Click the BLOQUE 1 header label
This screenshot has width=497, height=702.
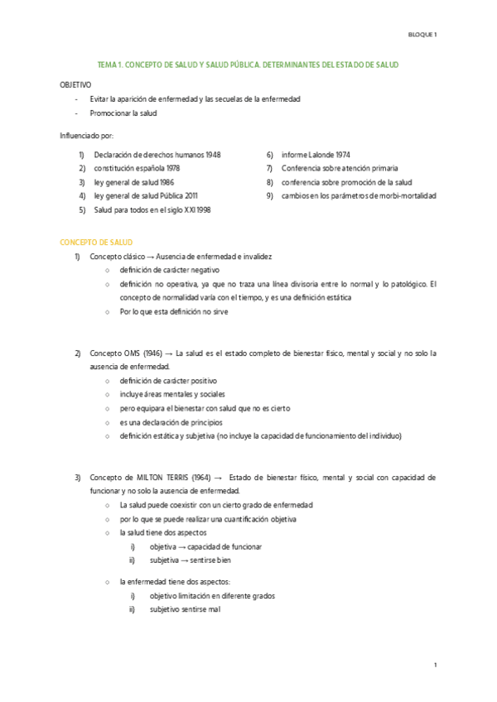click(x=423, y=34)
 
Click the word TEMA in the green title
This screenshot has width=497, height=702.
click(x=108, y=65)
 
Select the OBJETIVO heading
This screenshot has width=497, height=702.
click(x=75, y=84)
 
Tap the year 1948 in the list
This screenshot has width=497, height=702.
click(x=210, y=155)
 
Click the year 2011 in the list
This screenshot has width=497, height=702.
click(x=188, y=195)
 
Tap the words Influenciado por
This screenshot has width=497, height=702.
click(x=86, y=134)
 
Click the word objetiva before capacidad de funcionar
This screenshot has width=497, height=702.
click(x=163, y=546)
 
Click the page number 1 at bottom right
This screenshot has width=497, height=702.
click(x=435, y=666)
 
